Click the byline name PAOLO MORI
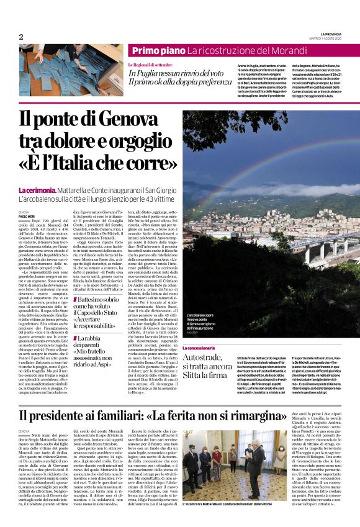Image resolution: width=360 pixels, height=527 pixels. (26, 217)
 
